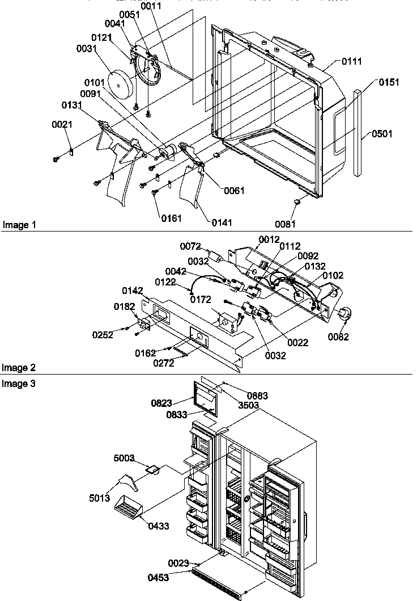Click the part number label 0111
351,61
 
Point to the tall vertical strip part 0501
359,133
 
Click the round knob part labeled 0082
344,314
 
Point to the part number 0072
190,246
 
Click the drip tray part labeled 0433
129,506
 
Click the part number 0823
161,404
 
